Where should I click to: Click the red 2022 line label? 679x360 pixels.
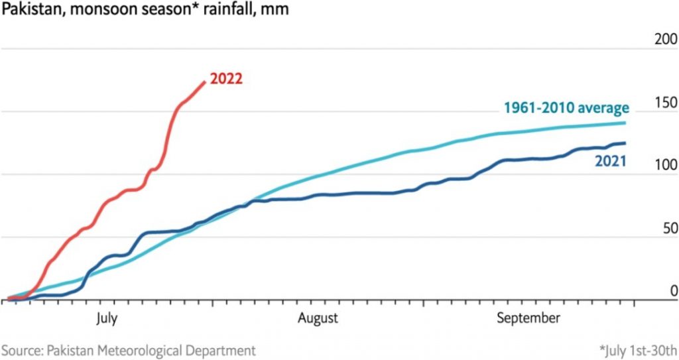tap(226, 79)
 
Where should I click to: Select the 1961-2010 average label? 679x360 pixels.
tap(566, 108)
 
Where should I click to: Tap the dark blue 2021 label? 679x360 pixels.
tap(610, 161)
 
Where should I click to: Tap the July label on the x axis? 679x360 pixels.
tap(106, 318)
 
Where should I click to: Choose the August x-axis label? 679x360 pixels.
tap(318, 318)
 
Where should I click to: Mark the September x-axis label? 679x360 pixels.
tap(528, 318)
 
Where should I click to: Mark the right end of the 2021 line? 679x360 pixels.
tap(624, 143)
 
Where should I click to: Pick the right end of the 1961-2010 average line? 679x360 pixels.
tap(624, 123)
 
